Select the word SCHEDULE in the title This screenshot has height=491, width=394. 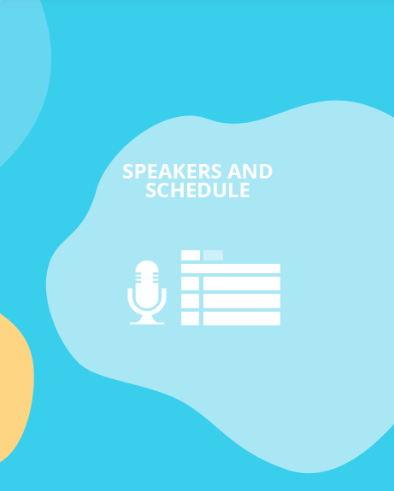(197, 190)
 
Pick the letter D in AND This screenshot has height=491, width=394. (265, 172)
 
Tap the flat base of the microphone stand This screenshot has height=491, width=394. (147, 321)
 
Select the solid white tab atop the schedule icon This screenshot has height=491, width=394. (191, 254)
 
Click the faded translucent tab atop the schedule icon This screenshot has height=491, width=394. (213, 254)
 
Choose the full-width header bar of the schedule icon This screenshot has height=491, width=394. (231, 268)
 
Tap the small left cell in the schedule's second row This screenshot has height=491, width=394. (191, 283)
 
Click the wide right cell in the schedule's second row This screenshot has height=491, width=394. (242, 283)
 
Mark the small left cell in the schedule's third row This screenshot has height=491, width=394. (191, 301)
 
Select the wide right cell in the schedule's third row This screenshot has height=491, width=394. (242, 301)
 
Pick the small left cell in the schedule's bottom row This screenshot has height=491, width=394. (191, 319)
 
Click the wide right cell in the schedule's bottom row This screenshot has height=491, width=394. (242, 319)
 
